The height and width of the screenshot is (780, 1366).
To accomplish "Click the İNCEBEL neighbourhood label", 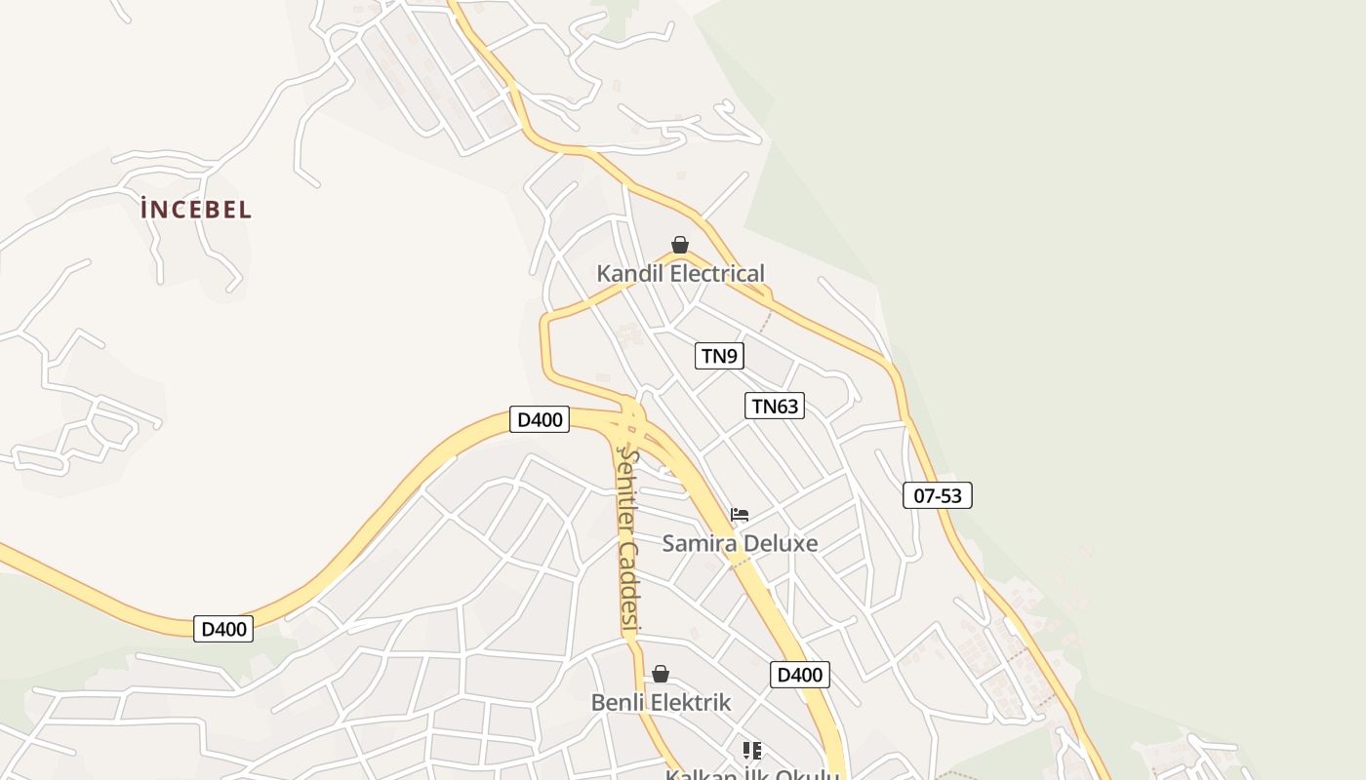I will click(x=196, y=209).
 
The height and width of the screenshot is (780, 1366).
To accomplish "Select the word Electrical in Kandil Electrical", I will click(x=718, y=274).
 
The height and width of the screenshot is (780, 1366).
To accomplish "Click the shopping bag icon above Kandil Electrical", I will click(x=680, y=245).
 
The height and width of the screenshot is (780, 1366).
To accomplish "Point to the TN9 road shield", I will click(x=719, y=356).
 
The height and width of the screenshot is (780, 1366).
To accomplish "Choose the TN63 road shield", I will click(x=775, y=406).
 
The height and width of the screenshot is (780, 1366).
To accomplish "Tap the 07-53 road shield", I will click(x=937, y=495).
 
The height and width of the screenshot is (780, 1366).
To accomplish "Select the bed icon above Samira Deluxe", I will click(x=740, y=515).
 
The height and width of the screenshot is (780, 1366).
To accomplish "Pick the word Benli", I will click(x=619, y=702).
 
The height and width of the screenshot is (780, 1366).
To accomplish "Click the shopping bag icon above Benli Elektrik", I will click(x=661, y=674).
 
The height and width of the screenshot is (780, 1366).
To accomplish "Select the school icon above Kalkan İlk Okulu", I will click(x=751, y=750).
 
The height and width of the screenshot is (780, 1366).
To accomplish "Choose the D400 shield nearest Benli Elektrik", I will click(x=800, y=674).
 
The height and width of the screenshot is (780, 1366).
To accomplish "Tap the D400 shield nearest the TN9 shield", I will click(x=540, y=419).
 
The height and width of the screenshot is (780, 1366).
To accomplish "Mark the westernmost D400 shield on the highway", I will click(x=223, y=629).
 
